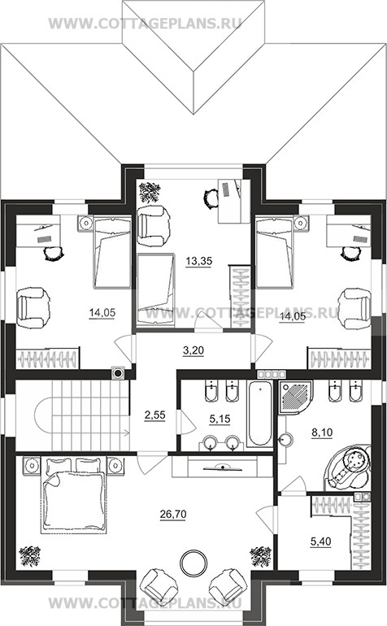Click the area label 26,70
click(173, 515)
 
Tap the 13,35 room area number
click(198, 261)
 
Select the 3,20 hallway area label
click(193, 350)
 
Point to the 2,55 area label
click(154, 415)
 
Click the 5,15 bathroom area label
click(220, 419)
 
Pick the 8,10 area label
click(321, 432)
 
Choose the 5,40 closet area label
click(320, 541)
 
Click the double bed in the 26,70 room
click(73, 495)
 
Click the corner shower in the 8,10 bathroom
click(296, 398)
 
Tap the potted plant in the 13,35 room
click(150, 192)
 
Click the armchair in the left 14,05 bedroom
click(33, 304)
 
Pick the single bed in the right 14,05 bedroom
click(275, 251)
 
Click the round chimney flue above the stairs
click(118, 373)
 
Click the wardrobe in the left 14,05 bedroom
click(47, 358)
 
